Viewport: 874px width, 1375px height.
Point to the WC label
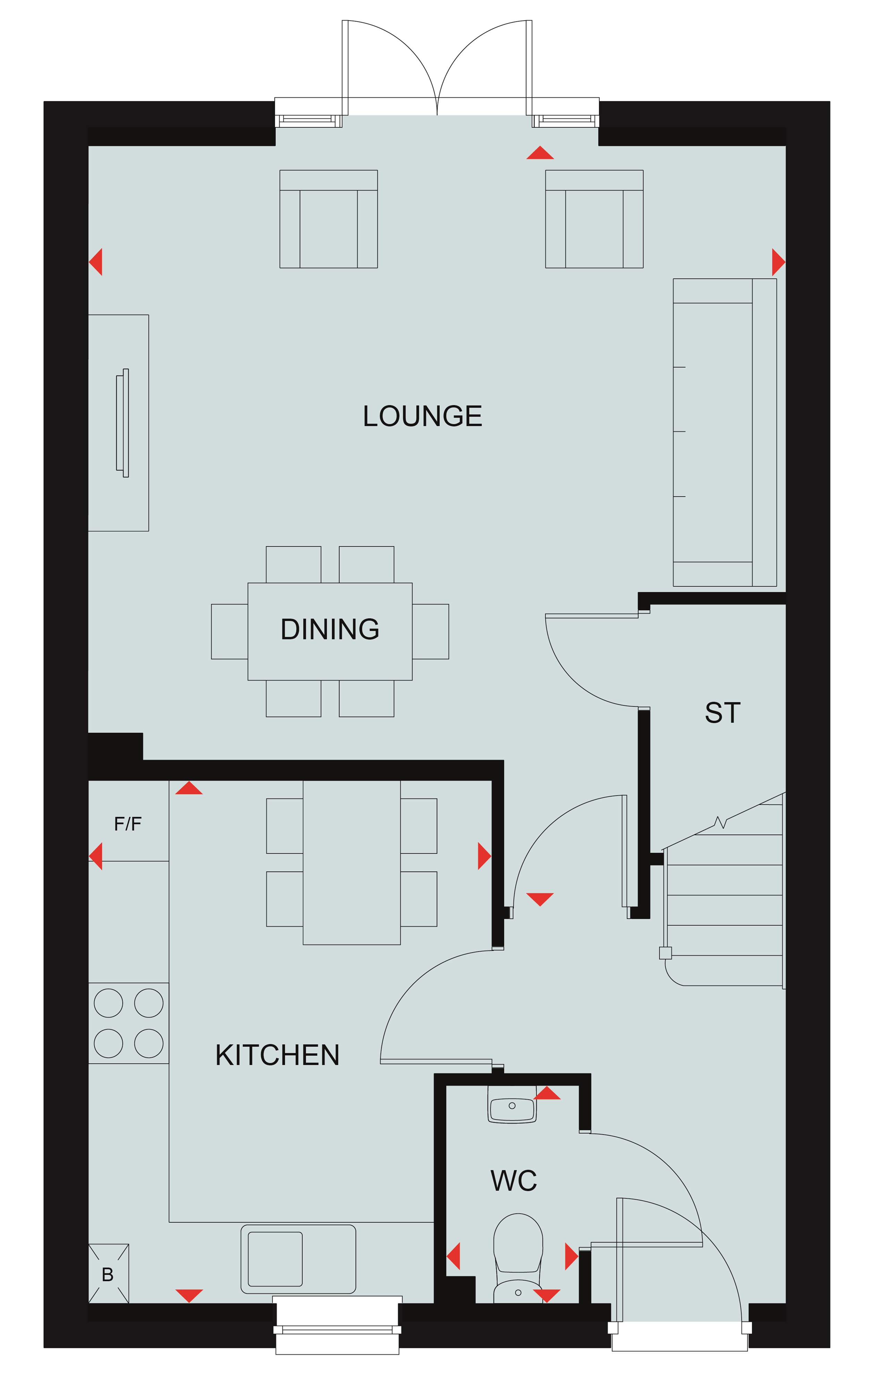[x=514, y=1180]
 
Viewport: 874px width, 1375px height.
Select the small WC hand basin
[x=512, y=1104]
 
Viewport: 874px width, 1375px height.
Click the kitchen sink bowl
[x=275, y=1259]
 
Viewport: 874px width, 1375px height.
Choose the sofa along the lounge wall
[x=725, y=432]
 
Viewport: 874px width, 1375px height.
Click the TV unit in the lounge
[x=119, y=422]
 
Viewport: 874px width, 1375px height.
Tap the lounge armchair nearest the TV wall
[x=328, y=219]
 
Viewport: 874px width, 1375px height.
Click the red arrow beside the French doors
[x=540, y=153]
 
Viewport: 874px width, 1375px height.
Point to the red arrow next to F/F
[x=96, y=856]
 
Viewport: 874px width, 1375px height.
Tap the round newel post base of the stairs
[x=665, y=953]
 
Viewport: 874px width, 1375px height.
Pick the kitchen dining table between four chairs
[x=352, y=862]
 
